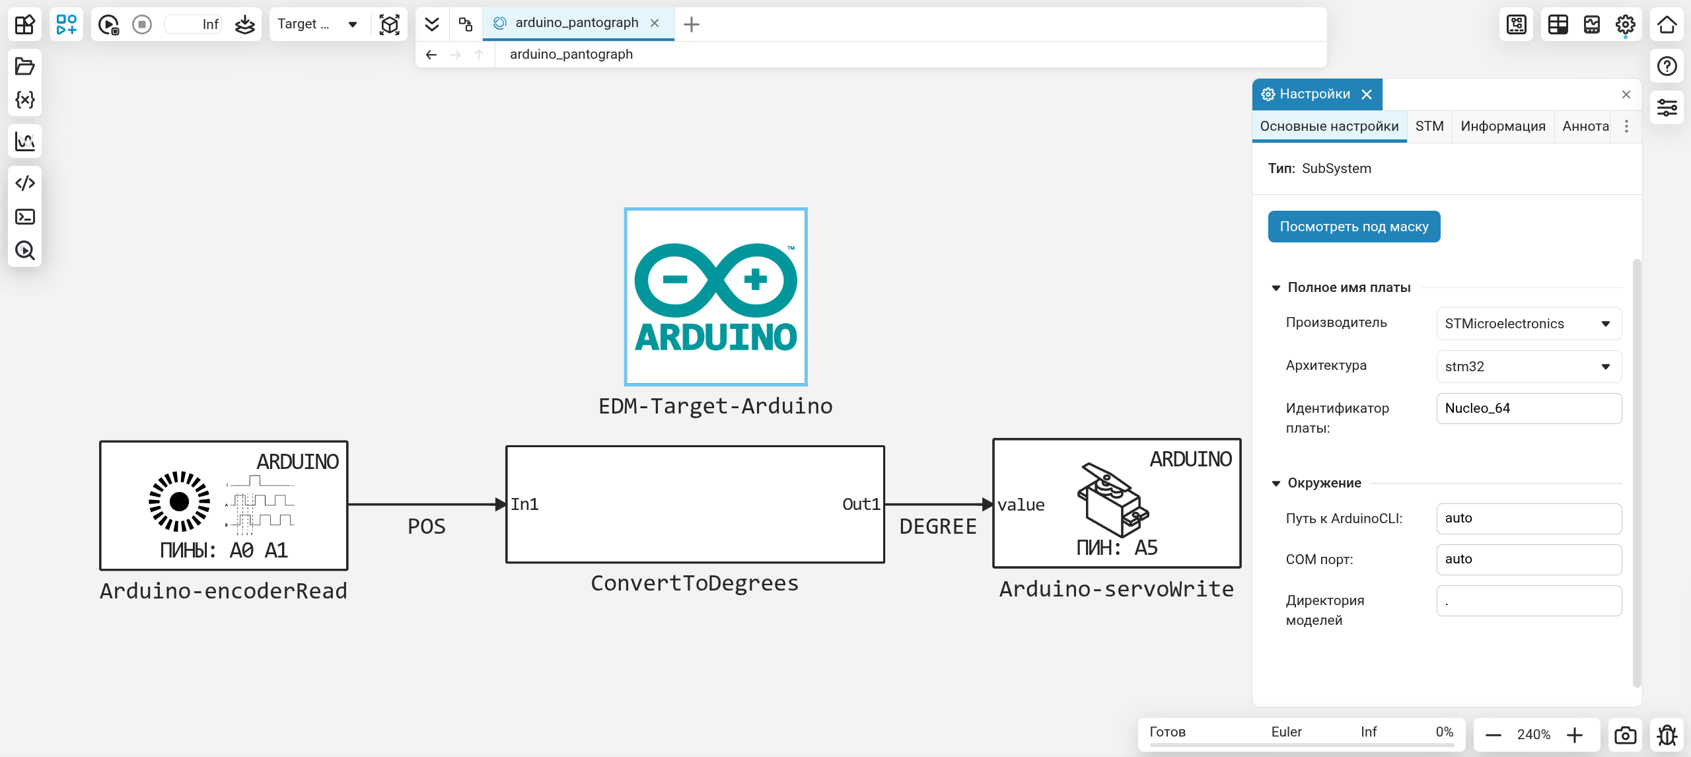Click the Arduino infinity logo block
715,297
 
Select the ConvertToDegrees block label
694,583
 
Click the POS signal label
427,526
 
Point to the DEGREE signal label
938,526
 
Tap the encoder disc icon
179,502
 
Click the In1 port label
524,505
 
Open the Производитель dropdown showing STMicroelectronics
1529,324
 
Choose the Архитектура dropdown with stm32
1529,367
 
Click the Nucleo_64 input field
1529,408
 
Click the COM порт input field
1529,559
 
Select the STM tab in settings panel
1429,126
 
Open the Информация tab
1503,126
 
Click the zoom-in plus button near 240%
1575,735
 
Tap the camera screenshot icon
1625,735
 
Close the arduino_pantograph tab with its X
655,23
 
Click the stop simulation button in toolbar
142,24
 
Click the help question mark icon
1667,66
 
